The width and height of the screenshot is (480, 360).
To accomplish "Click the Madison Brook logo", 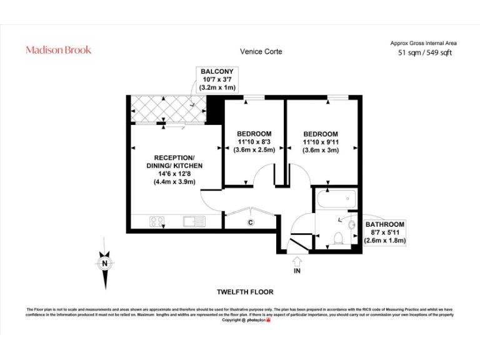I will pyautogui.click(x=58, y=50).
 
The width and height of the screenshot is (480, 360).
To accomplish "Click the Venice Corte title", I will pyautogui.click(x=261, y=51).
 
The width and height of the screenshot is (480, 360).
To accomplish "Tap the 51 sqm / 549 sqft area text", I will pyautogui.click(x=424, y=53).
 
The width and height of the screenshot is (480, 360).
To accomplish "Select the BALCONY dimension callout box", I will pyautogui.click(x=217, y=80).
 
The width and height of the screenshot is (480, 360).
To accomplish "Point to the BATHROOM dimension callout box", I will pyautogui.click(x=385, y=232).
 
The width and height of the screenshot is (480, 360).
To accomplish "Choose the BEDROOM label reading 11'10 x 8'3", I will pyautogui.click(x=254, y=142).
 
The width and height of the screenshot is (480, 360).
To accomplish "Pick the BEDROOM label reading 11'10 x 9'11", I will pyautogui.click(x=321, y=142).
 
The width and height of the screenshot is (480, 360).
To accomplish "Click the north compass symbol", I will pyautogui.click(x=106, y=264).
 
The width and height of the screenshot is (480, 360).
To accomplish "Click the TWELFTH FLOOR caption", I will pyautogui.click(x=245, y=292).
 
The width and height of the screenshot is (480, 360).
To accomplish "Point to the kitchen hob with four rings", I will pyautogui.click(x=157, y=221).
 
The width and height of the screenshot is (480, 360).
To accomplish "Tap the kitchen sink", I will pyautogui.click(x=194, y=221).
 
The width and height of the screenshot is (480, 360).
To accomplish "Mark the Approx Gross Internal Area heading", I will pyautogui.click(x=424, y=43).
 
